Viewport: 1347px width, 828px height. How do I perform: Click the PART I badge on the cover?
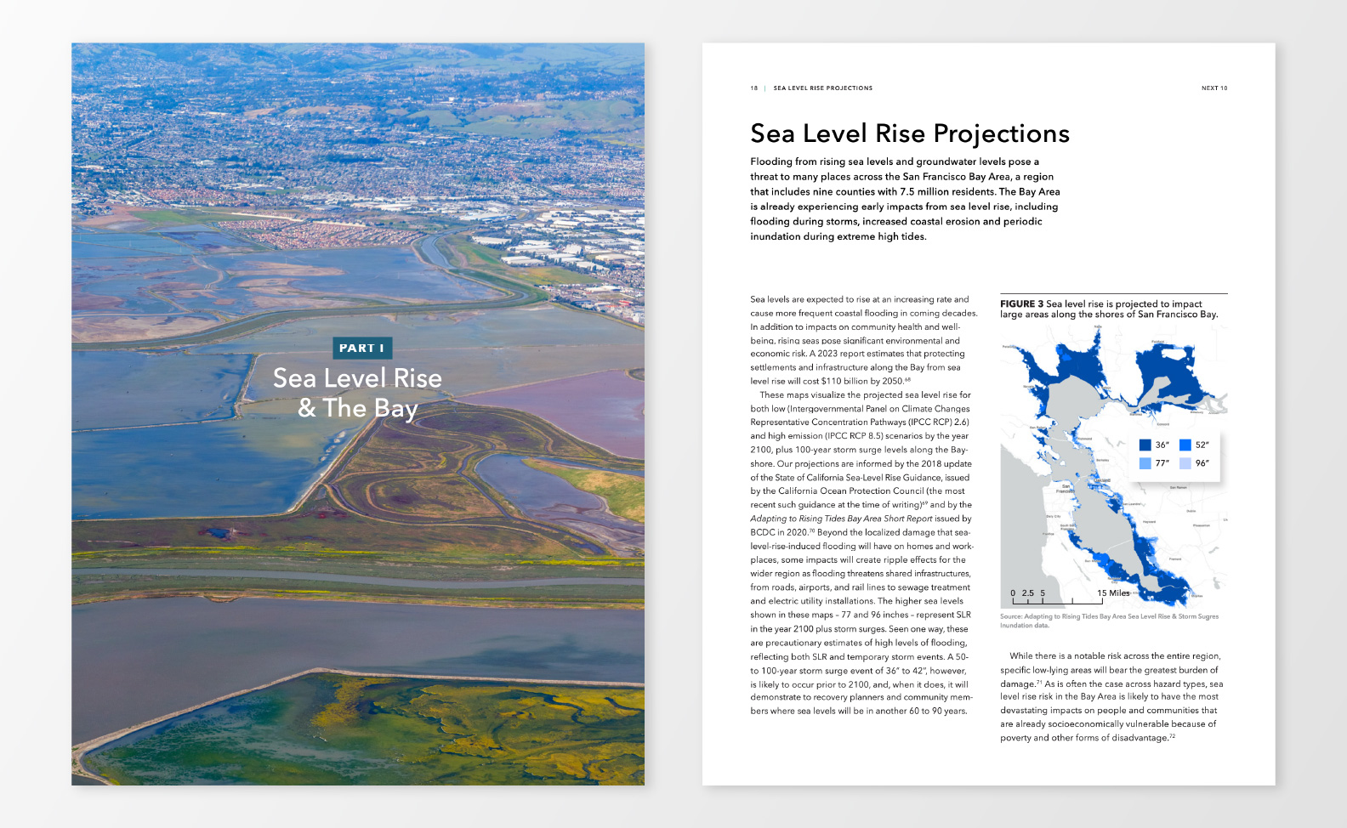(361, 348)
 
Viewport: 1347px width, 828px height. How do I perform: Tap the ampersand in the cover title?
(307, 408)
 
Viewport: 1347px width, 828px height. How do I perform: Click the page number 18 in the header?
(753, 88)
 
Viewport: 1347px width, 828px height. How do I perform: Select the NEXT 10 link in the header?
(1213, 88)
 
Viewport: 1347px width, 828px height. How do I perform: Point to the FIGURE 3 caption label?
(1021, 303)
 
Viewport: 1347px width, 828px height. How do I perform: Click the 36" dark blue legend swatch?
(1145, 445)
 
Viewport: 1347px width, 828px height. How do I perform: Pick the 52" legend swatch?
(1185, 445)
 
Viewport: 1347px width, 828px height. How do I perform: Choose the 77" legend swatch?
(1145, 463)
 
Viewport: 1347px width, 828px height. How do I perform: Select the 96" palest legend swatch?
(1185, 463)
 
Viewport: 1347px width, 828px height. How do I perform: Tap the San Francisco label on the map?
(1065, 489)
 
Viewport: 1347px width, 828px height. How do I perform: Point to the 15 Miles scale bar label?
(1113, 593)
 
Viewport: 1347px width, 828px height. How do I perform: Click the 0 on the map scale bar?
(1013, 593)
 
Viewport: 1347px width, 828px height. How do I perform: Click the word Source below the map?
(1010, 616)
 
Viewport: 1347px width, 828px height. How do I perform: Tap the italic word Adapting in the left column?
(768, 519)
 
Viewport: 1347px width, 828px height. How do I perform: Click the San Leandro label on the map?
(1133, 504)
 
